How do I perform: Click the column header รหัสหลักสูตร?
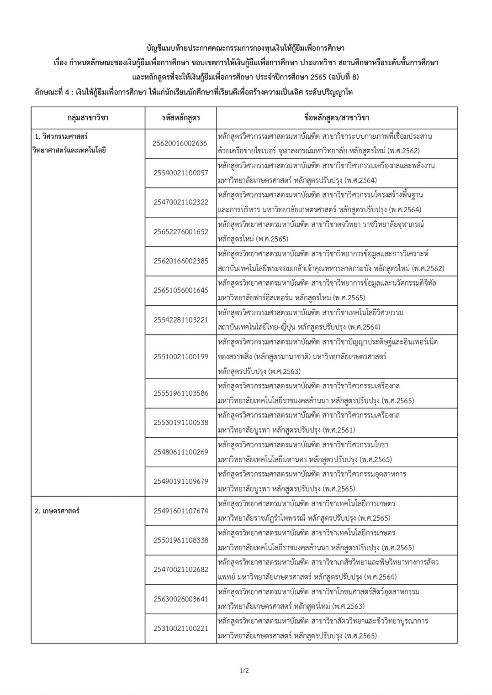point(181,118)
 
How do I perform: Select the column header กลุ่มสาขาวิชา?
point(88,118)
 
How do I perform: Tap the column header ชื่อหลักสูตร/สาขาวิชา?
point(337,118)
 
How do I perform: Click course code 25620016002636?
point(180,143)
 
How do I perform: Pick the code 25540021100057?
point(180,173)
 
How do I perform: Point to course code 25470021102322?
point(180,202)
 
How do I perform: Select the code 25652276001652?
point(180,231)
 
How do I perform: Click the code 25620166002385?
point(180,261)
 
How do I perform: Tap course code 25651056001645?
point(180,290)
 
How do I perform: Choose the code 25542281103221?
point(180,319)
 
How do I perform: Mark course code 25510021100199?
point(180,356)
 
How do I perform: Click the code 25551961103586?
point(180,393)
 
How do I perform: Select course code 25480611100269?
point(180,452)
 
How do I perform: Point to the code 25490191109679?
point(180,481)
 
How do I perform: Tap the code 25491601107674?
point(180,511)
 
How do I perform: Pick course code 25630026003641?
point(180,599)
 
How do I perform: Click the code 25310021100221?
point(180,628)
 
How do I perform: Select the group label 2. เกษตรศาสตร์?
point(57,511)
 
